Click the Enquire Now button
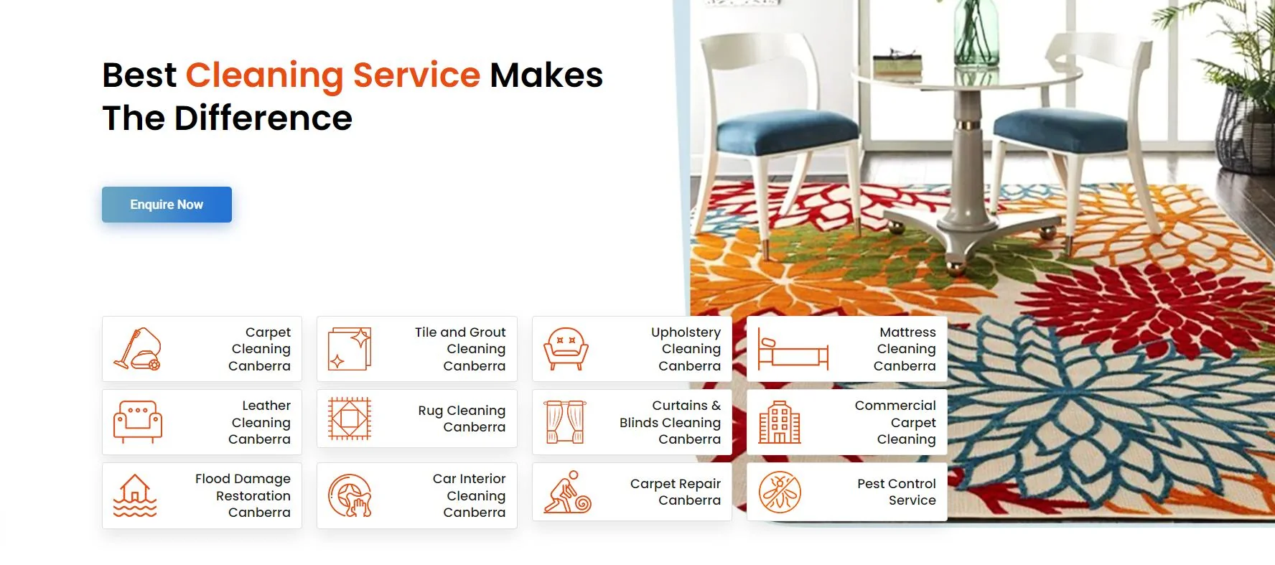[x=167, y=205]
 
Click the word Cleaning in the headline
[x=264, y=76]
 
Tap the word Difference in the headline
[x=263, y=118]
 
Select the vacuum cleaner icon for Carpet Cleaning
[x=137, y=349]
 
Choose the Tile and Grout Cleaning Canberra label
[x=460, y=349]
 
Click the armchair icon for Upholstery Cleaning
[x=566, y=349]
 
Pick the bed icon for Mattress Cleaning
[x=793, y=349]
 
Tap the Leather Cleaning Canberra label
[x=260, y=422]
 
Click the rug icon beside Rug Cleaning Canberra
[x=350, y=419]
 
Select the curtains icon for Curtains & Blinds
[x=565, y=422]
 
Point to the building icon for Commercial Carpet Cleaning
[x=780, y=422]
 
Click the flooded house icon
[x=135, y=495]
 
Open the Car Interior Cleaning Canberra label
[x=470, y=495]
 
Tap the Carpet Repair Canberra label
[x=676, y=492]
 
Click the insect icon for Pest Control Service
[x=780, y=492]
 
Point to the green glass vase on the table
[x=976, y=32]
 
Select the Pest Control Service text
[x=897, y=492]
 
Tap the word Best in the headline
[x=139, y=75]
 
